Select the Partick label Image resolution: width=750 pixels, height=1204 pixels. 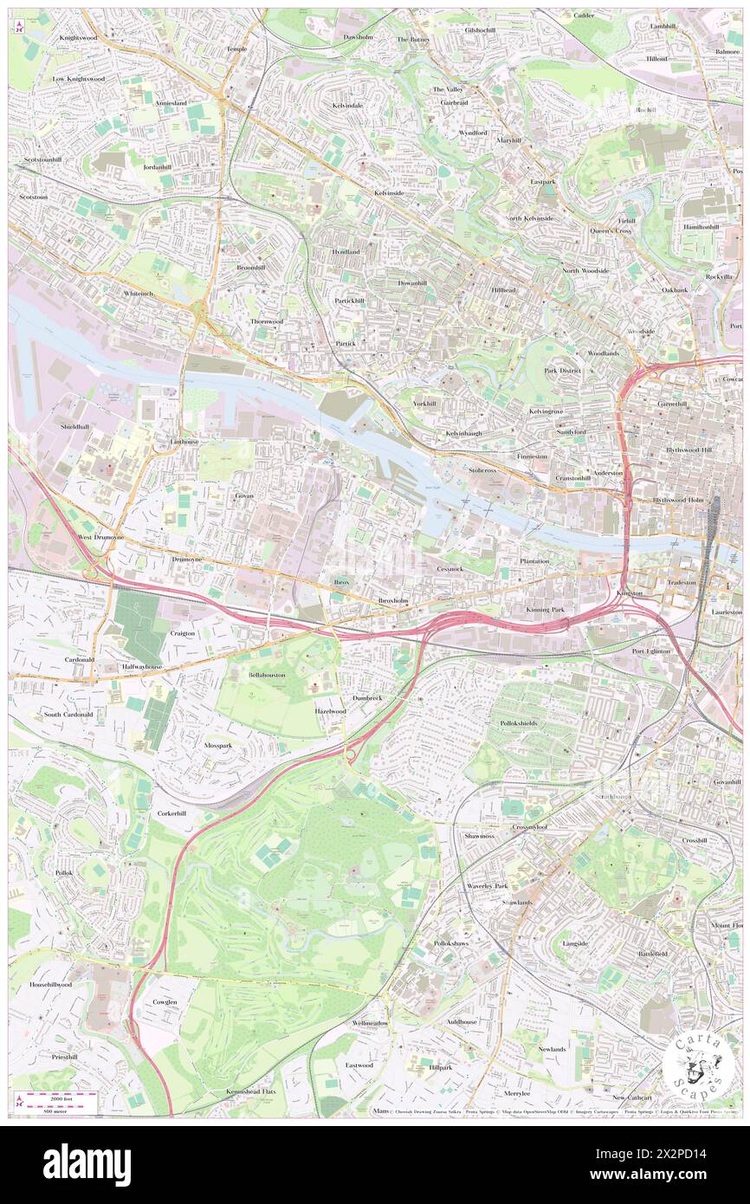tap(346, 343)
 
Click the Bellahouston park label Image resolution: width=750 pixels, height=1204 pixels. tap(267, 674)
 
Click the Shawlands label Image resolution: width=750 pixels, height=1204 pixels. tap(517, 902)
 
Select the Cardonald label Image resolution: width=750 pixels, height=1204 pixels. tap(79, 658)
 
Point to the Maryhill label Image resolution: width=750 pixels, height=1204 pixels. tap(508, 140)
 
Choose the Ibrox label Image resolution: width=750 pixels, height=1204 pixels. tap(341, 583)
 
